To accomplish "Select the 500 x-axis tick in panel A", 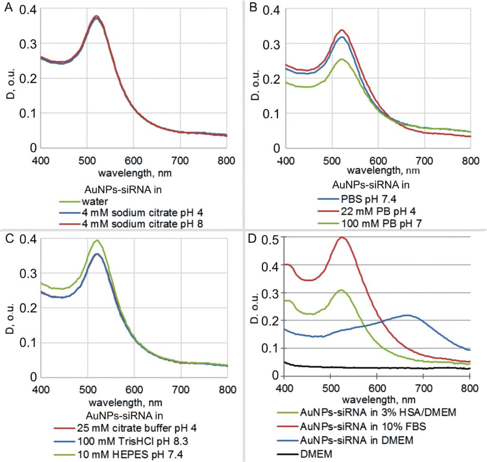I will tap(87, 160).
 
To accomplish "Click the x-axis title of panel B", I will tap(377, 169).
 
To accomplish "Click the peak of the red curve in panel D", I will tap(342, 237).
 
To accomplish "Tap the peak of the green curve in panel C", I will tap(97, 240).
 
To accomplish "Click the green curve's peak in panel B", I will tap(341, 59).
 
